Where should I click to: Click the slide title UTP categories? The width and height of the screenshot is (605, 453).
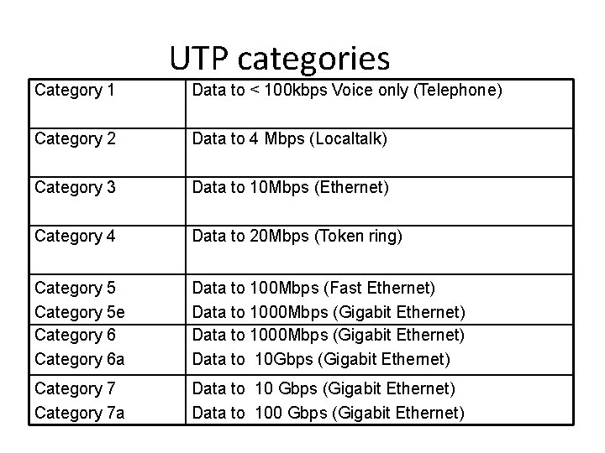pos(280,58)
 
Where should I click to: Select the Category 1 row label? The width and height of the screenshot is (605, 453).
pos(75,90)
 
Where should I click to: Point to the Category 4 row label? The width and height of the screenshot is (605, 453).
pos(75,237)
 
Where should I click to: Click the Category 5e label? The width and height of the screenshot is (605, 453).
pos(81,311)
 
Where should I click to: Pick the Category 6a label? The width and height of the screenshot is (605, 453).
pos(81,359)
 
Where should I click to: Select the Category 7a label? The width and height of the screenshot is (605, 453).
pos(81,412)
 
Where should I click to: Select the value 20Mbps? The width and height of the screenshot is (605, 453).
pos(281,237)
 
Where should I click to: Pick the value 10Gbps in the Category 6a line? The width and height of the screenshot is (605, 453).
pos(283,359)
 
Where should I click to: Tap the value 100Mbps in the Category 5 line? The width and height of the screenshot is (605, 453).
pos(285,288)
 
